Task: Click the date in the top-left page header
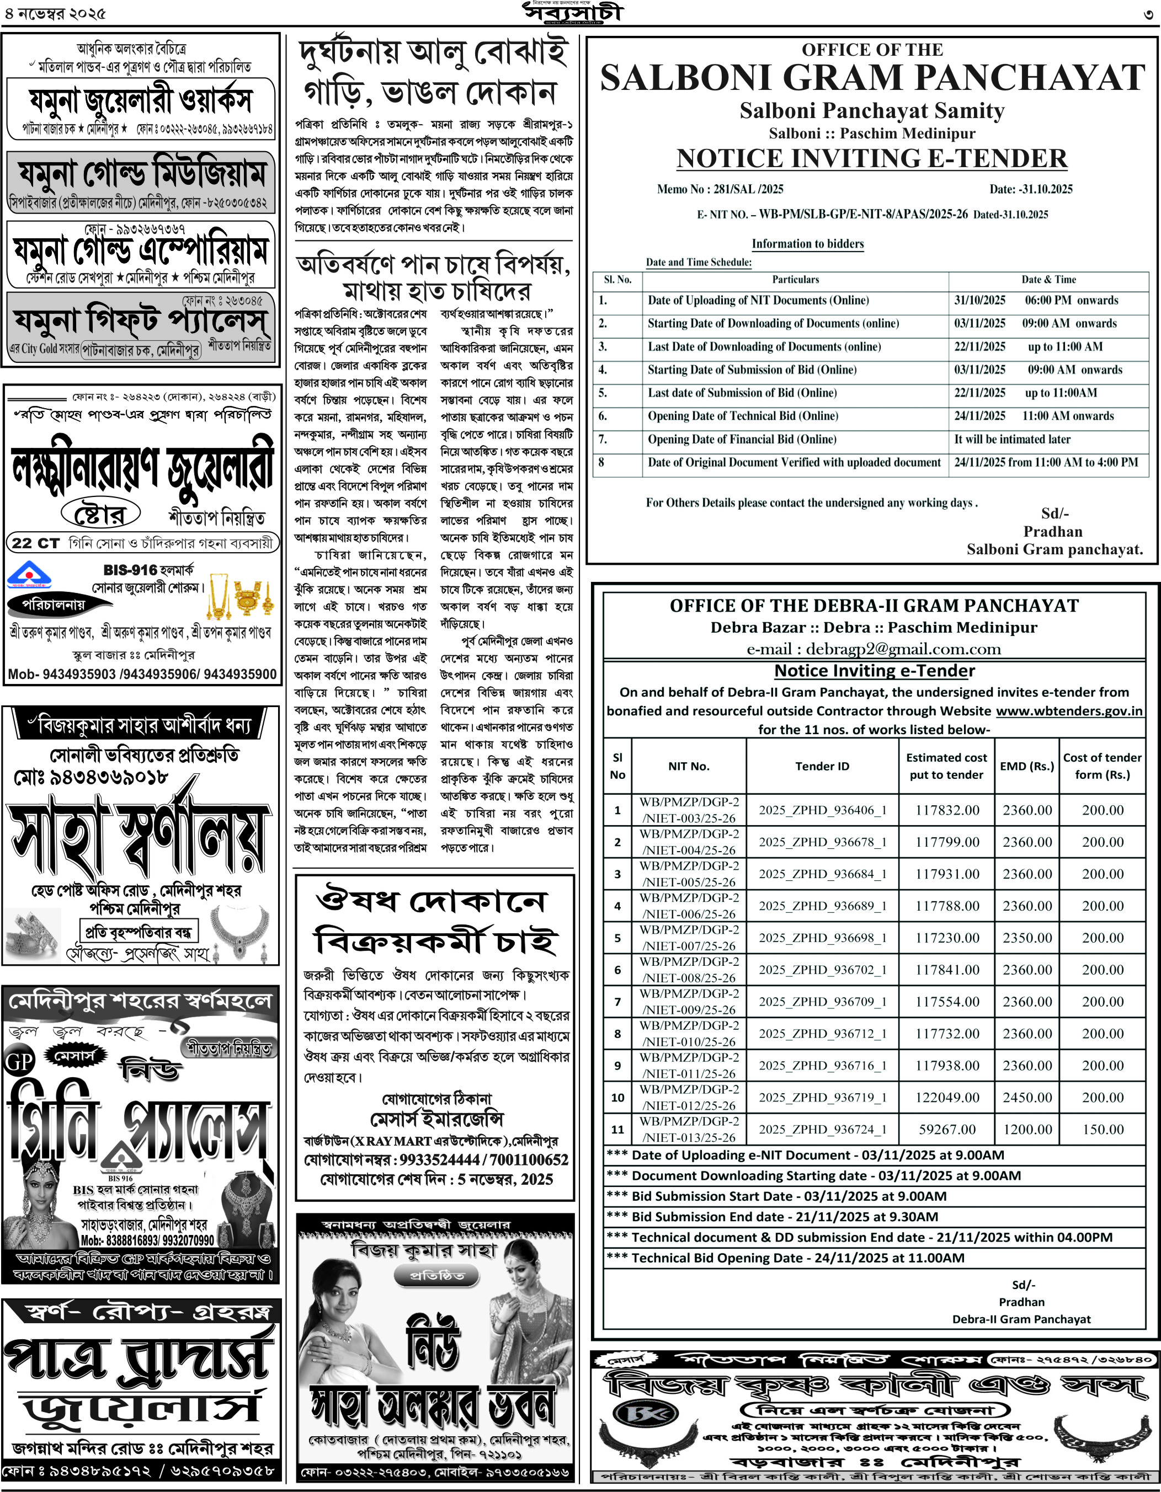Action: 55,14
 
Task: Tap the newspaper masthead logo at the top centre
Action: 573,12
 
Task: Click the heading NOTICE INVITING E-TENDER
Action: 872,158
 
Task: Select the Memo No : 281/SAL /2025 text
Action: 720,189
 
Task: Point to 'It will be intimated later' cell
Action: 1012,439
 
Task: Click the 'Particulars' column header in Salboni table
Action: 795,280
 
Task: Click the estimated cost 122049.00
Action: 947,1097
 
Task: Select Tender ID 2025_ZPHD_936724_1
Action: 822,1129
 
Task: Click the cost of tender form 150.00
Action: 1102,1129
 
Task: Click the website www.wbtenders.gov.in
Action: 1069,710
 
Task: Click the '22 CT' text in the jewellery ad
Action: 35,543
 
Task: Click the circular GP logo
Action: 19,1061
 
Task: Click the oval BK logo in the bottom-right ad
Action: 636,1413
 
